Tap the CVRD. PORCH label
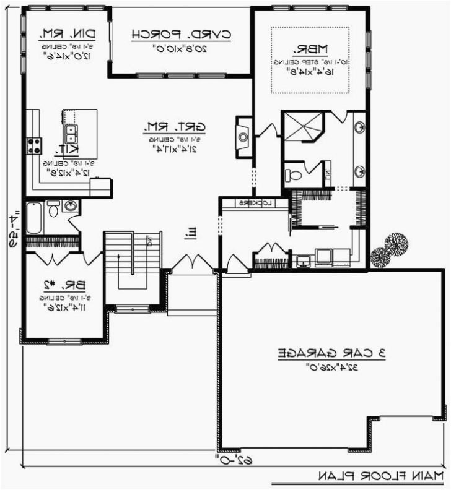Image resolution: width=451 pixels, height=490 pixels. (181, 35)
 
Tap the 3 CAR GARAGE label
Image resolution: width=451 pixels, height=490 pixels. (331, 353)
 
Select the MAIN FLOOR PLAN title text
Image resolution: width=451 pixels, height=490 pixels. (381, 475)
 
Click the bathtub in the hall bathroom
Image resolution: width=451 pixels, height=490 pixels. (33, 217)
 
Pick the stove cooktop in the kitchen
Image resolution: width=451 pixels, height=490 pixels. (33, 146)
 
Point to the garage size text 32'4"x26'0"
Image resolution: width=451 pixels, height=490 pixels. (331, 367)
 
